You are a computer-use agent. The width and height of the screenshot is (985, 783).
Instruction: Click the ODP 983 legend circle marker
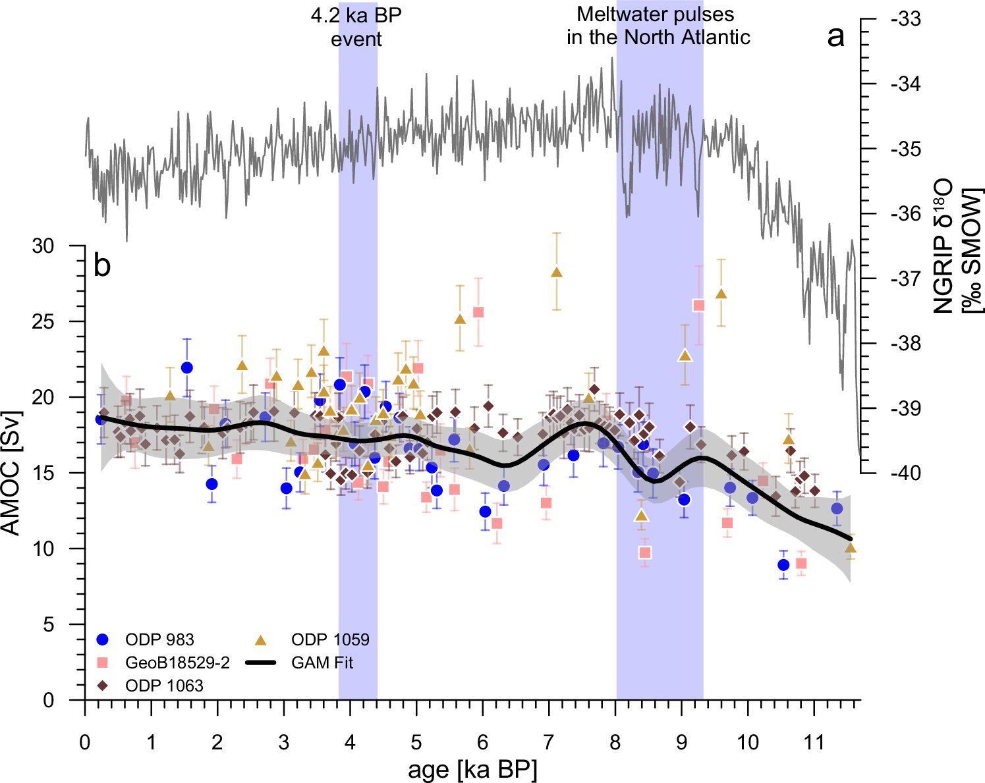[103, 639]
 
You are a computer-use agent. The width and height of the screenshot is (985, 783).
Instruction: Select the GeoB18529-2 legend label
[178, 662]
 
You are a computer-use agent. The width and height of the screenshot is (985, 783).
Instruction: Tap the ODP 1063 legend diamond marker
[103, 686]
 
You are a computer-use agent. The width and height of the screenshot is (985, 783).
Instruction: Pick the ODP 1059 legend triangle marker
[262, 639]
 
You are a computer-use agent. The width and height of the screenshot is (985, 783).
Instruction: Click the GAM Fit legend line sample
[260, 662]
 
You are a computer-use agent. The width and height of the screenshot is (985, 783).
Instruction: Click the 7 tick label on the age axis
[548, 742]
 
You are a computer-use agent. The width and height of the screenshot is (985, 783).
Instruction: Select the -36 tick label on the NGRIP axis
[906, 214]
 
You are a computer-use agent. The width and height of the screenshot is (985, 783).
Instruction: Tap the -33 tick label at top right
[906, 19]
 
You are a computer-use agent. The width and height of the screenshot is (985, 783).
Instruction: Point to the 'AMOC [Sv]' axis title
[11, 473]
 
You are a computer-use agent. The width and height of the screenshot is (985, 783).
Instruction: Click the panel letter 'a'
[836, 37]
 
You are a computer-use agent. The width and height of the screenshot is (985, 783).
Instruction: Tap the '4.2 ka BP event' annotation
[356, 28]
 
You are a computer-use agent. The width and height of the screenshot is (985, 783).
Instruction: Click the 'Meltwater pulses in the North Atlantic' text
[658, 26]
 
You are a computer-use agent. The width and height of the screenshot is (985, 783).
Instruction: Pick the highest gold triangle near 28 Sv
[557, 272]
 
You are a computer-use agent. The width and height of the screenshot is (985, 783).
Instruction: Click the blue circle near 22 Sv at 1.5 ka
[186, 367]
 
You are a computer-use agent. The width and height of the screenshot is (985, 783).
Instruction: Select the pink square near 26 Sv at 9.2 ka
[698, 306]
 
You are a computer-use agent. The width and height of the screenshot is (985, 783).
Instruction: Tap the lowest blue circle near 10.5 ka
[783, 565]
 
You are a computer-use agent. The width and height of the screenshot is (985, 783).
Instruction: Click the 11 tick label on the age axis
[814, 742]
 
